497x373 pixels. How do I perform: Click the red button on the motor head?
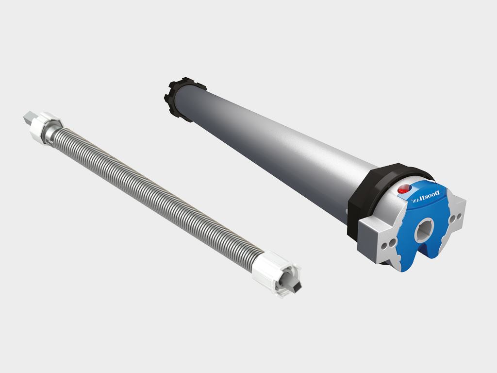(x=403, y=189)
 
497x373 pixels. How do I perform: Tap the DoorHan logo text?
(x=426, y=197)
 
